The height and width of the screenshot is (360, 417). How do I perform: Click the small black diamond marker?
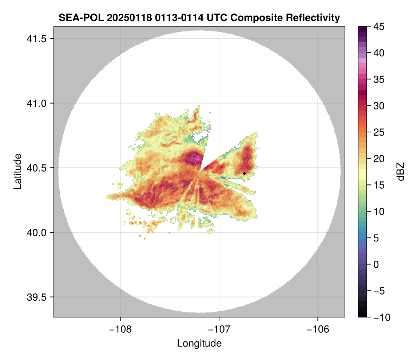[x=245, y=173]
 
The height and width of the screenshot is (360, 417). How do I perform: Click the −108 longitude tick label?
[x=120, y=329]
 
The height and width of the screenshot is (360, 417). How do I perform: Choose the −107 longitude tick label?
[x=219, y=329]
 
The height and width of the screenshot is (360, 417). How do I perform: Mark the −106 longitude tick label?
[x=318, y=329]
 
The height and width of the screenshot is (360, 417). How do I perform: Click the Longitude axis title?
[x=199, y=343]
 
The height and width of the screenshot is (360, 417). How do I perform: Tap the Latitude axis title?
[x=17, y=171]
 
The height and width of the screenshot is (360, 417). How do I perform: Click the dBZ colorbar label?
[x=401, y=171]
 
